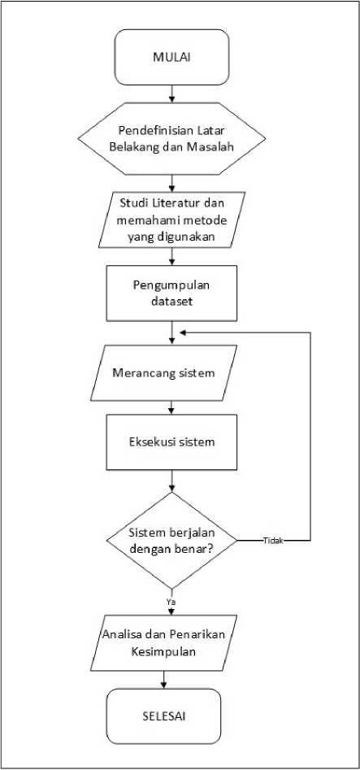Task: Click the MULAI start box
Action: [x=171, y=57]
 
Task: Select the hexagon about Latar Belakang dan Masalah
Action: [x=171, y=138]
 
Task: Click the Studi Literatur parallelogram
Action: [x=171, y=220]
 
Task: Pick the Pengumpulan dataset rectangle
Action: [x=171, y=294]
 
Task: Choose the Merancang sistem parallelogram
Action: [x=164, y=372]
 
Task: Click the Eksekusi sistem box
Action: [x=171, y=442]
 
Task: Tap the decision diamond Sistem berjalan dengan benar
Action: [x=171, y=541]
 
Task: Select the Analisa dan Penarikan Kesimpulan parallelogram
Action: [x=164, y=643]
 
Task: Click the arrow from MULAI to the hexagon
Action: [x=171, y=94]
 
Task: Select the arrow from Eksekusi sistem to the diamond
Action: [x=171, y=481]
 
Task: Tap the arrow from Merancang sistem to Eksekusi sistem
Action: [x=171, y=407]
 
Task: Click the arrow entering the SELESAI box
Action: [x=163, y=680]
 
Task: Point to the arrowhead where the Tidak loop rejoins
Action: [x=183, y=333]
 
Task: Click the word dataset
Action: [x=171, y=301]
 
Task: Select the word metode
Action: [x=207, y=220]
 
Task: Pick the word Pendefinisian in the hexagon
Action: [x=147, y=131]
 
